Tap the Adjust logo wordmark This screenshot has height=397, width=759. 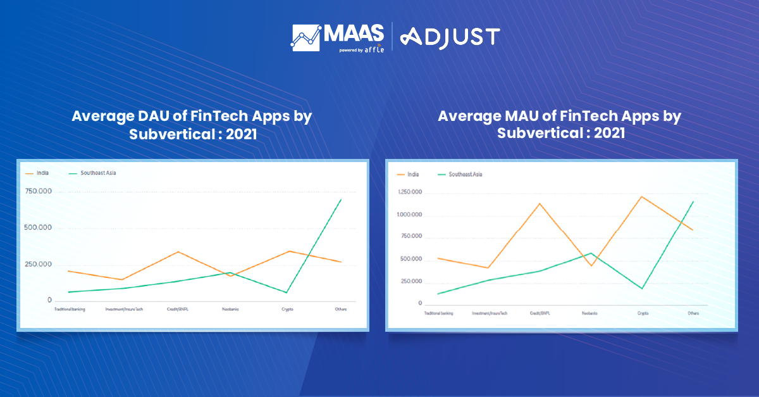pos(451,37)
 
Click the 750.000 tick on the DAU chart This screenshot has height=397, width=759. pos(38,192)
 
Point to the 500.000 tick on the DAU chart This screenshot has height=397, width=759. pos(38,228)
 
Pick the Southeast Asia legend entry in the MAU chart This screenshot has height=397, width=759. pos(465,174)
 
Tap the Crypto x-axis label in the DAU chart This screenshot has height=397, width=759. pos(287,309)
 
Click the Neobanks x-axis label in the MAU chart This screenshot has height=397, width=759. pos(590,313)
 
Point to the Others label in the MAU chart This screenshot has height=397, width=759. pos(693,313)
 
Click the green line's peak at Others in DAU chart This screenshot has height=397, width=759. pos(342,199)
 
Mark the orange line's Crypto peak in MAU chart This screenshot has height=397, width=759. pos(642,196)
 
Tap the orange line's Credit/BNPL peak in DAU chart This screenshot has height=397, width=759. pos(179,252)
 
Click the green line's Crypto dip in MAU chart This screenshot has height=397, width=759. pos(642,289)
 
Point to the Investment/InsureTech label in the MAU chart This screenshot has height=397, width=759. pos(490,313)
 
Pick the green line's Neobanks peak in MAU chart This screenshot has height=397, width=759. pos(591,253)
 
